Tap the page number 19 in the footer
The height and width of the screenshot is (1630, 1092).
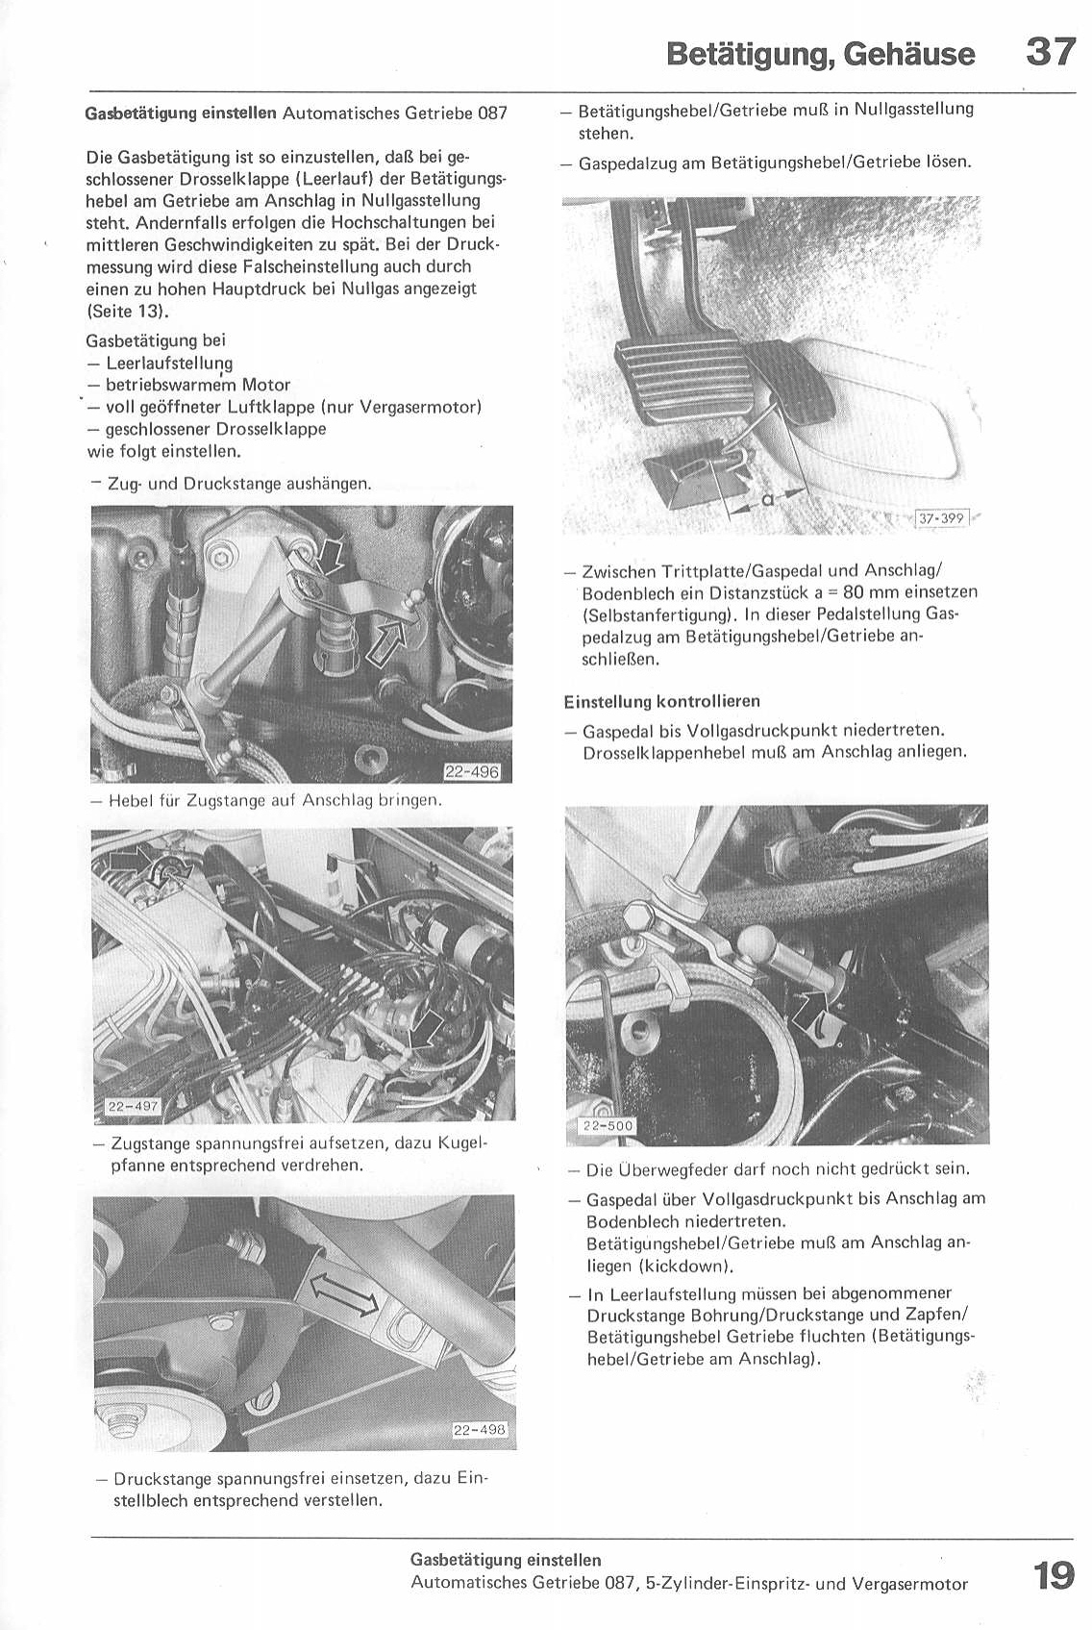tap(1054, 1575)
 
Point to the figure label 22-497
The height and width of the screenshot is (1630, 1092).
tap(133, 1106)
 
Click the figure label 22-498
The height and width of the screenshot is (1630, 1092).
tap(478, 1430)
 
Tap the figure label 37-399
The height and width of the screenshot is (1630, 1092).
tap(941, 519)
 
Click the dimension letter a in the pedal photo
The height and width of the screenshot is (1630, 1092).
tap(766, 499)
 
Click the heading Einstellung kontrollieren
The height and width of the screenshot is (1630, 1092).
tap(662, 701)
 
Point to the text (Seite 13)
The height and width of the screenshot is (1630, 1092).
tap(127, 311)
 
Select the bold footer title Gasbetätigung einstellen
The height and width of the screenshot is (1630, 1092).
tap(506, 1560)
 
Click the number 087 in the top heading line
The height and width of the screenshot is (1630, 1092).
tap(491, 113)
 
